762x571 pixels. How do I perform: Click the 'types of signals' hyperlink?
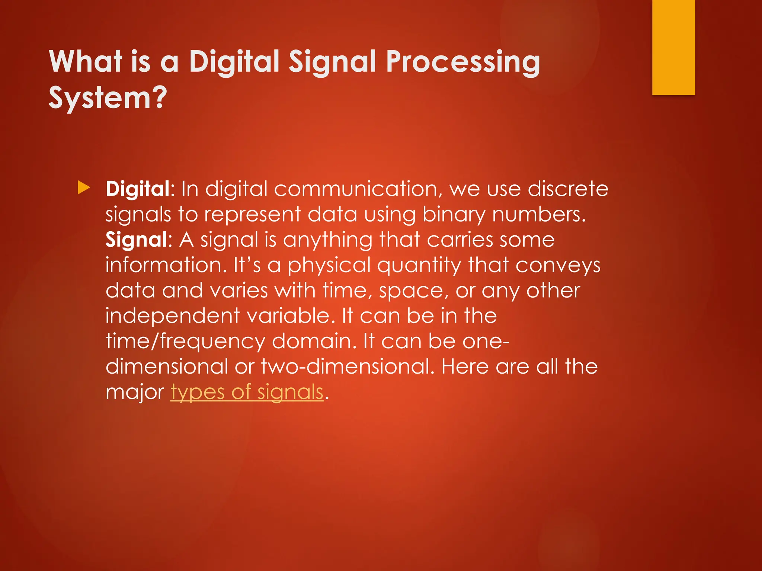coord(247,392)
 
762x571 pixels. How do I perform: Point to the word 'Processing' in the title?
coord(462,62)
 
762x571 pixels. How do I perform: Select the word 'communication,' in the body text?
coord(358,189)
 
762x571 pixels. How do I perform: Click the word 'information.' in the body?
coord(166,265)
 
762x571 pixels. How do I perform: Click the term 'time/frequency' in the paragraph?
coord(185,342)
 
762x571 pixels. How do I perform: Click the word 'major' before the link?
coord(135,393)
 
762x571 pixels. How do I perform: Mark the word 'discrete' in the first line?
coord(568,189)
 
